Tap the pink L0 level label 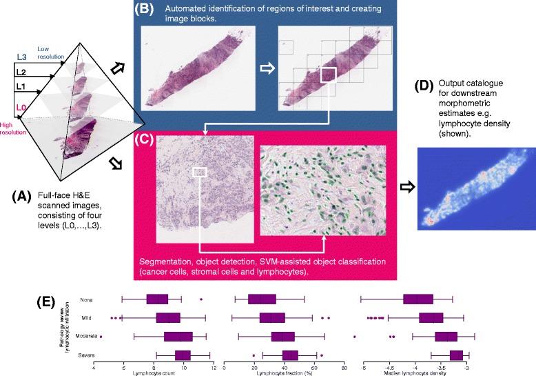point(21,107)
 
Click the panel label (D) point(429,87)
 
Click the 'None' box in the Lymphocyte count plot point(157,299)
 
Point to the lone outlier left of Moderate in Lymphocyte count point(101,336)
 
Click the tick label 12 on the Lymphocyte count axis point(214,366)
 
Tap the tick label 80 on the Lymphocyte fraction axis point(343,366)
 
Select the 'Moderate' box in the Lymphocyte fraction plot point(283,337)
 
